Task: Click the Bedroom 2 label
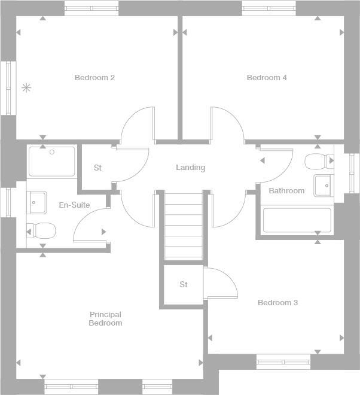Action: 94,77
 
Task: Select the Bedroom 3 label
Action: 277,303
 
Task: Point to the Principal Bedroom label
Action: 105,318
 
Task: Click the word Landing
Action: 190,168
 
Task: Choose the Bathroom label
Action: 286,191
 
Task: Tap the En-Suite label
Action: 74,205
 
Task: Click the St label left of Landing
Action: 97,168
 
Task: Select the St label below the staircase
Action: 184,285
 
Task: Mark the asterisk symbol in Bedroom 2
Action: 26,88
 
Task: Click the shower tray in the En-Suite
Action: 52,161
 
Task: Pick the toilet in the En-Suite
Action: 41,230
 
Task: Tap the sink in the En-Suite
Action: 36,202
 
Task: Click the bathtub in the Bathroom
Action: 297,221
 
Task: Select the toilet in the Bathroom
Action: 318,162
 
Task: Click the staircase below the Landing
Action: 184,226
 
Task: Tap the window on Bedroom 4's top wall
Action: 269,8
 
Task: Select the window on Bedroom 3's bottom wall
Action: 283,362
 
